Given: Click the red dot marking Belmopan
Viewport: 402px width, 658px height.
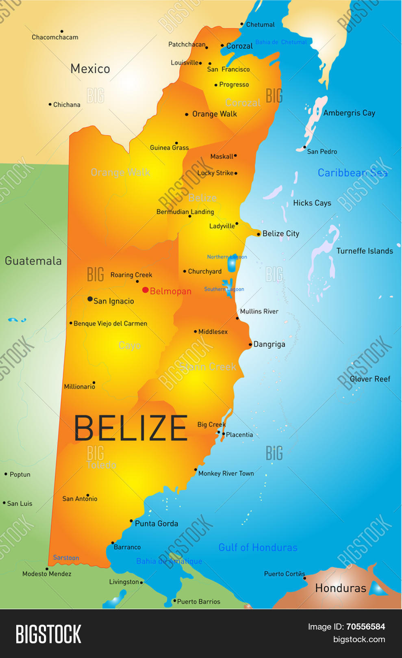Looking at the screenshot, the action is [145, 290].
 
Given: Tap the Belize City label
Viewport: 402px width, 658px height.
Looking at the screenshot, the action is [280, 234].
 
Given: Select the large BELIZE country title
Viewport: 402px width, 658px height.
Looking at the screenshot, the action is [131, 428].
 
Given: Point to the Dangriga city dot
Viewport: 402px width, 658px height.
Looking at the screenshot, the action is [250, 345].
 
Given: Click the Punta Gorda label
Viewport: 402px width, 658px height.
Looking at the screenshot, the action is [156, 524].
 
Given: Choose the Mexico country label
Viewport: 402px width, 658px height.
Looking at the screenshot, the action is [90, 69].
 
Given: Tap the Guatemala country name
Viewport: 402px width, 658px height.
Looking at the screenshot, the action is [33, 261].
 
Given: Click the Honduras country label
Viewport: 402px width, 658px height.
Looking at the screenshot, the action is [341, 588].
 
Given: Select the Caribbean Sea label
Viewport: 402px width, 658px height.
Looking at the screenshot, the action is [352, 173].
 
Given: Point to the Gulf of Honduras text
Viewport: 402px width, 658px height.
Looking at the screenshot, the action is [258, 548].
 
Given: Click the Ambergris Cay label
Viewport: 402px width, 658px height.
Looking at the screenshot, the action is [349, 113].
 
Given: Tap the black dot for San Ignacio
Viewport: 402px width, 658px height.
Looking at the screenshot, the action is [90, 299].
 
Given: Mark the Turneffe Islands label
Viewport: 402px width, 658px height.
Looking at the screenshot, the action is [365, 251].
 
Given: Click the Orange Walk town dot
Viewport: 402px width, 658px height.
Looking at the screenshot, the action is [187, 115].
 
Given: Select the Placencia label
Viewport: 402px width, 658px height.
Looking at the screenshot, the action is [239, 435].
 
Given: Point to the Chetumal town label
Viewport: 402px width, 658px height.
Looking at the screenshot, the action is [260, 24].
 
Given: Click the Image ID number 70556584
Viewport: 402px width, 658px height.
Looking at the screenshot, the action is [365, 627].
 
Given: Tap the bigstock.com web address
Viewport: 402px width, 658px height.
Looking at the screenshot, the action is [359, 639].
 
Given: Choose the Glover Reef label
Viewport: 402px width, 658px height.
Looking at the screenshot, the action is [370, 379].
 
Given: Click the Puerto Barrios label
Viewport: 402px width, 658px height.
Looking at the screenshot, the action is [199, 602].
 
